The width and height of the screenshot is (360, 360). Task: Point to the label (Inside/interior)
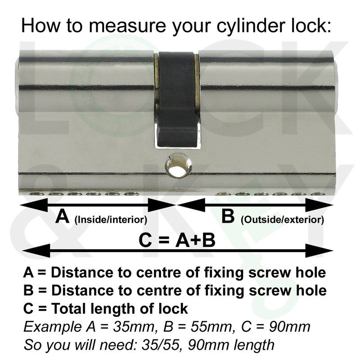(111, 220)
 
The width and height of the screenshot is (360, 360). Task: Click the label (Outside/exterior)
(282, 220)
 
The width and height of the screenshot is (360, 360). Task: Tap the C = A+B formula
(177, 241)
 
